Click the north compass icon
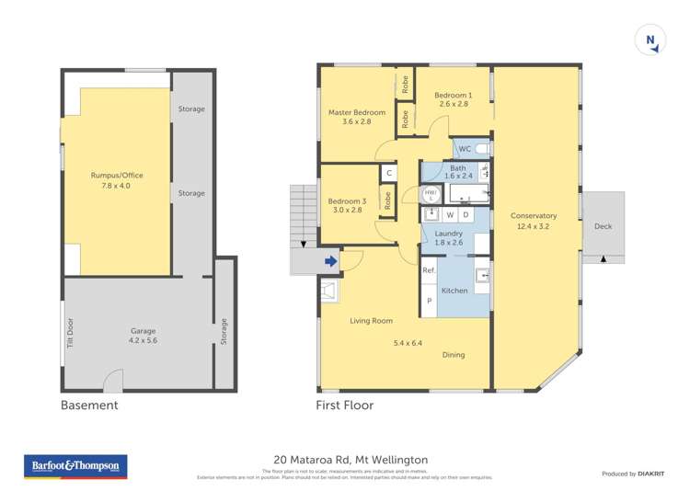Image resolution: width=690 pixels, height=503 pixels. coord(650,40)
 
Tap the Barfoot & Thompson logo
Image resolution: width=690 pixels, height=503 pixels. coord(75,466)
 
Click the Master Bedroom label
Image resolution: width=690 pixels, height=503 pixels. coord(357,112)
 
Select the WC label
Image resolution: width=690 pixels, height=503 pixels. coord(465,148)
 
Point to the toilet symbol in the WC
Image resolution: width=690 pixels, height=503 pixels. coord(482,148)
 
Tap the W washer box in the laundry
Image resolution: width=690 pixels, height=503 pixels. coord(450,215)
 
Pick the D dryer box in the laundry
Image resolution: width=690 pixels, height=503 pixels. coord(466,215)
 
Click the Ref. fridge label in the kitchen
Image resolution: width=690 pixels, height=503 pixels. coord(429,270)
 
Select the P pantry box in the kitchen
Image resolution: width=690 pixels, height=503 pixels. coord(429,301)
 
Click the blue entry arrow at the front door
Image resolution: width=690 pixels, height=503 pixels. coord(330,263)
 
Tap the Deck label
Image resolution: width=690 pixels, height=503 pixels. coord(603,226)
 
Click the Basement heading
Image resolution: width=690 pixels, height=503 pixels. coord(89,405)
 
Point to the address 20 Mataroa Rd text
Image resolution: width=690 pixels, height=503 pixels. coord(351,460)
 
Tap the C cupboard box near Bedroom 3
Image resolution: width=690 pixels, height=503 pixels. coord(389,173)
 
